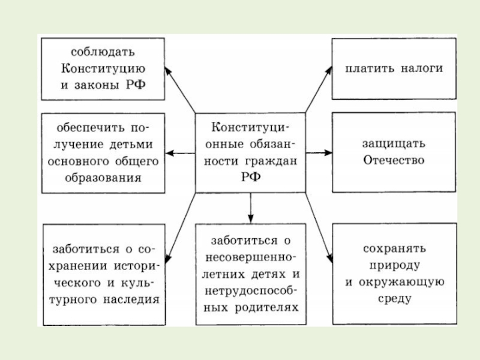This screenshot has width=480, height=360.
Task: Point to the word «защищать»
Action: click(x=393, y=144)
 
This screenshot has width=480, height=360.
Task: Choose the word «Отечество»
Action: click(x=393, y=160)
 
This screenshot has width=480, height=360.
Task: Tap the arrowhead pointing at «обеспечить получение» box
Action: click(x=170, y=153)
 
